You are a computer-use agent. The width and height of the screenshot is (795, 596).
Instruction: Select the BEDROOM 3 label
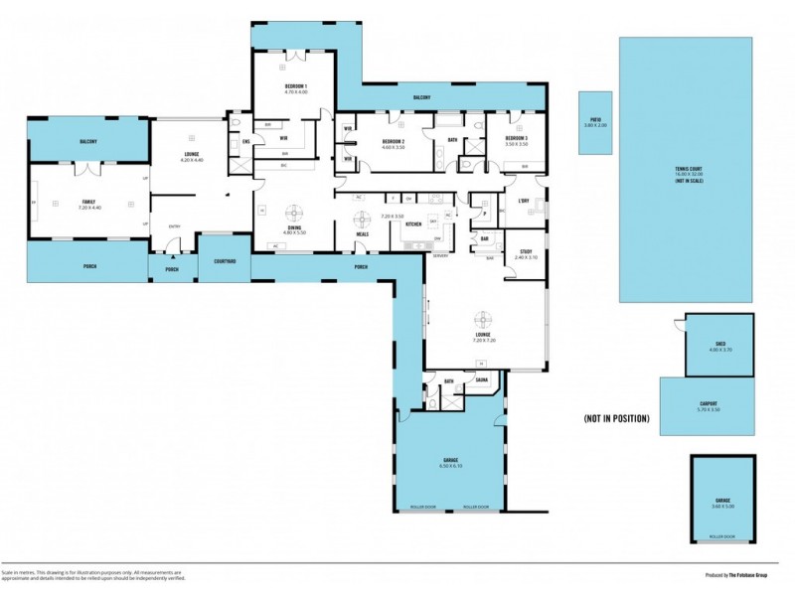click(x=516, y=138)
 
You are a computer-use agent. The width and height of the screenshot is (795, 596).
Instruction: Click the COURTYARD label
click(x=225, y=262)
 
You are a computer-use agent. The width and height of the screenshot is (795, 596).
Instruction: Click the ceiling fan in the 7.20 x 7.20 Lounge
click(x=483, y=318)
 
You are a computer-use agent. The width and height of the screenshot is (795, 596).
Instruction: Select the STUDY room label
click(x=527, y=252)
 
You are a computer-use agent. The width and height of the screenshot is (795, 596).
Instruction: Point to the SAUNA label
click(x=480, y=380)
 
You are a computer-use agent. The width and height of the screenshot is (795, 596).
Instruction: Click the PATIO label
click(x=595, y=121)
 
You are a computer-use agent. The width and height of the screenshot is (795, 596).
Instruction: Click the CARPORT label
click(x=709, y=403)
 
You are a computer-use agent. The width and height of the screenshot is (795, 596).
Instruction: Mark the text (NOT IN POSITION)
click(x=616, y=418)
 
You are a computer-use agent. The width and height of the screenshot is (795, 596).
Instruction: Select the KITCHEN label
click(x=414, y=225)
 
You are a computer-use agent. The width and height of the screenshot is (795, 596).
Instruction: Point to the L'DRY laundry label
click(x=524, y=204)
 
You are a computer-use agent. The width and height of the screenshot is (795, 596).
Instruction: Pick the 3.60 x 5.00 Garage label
click(x=723, y=501)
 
